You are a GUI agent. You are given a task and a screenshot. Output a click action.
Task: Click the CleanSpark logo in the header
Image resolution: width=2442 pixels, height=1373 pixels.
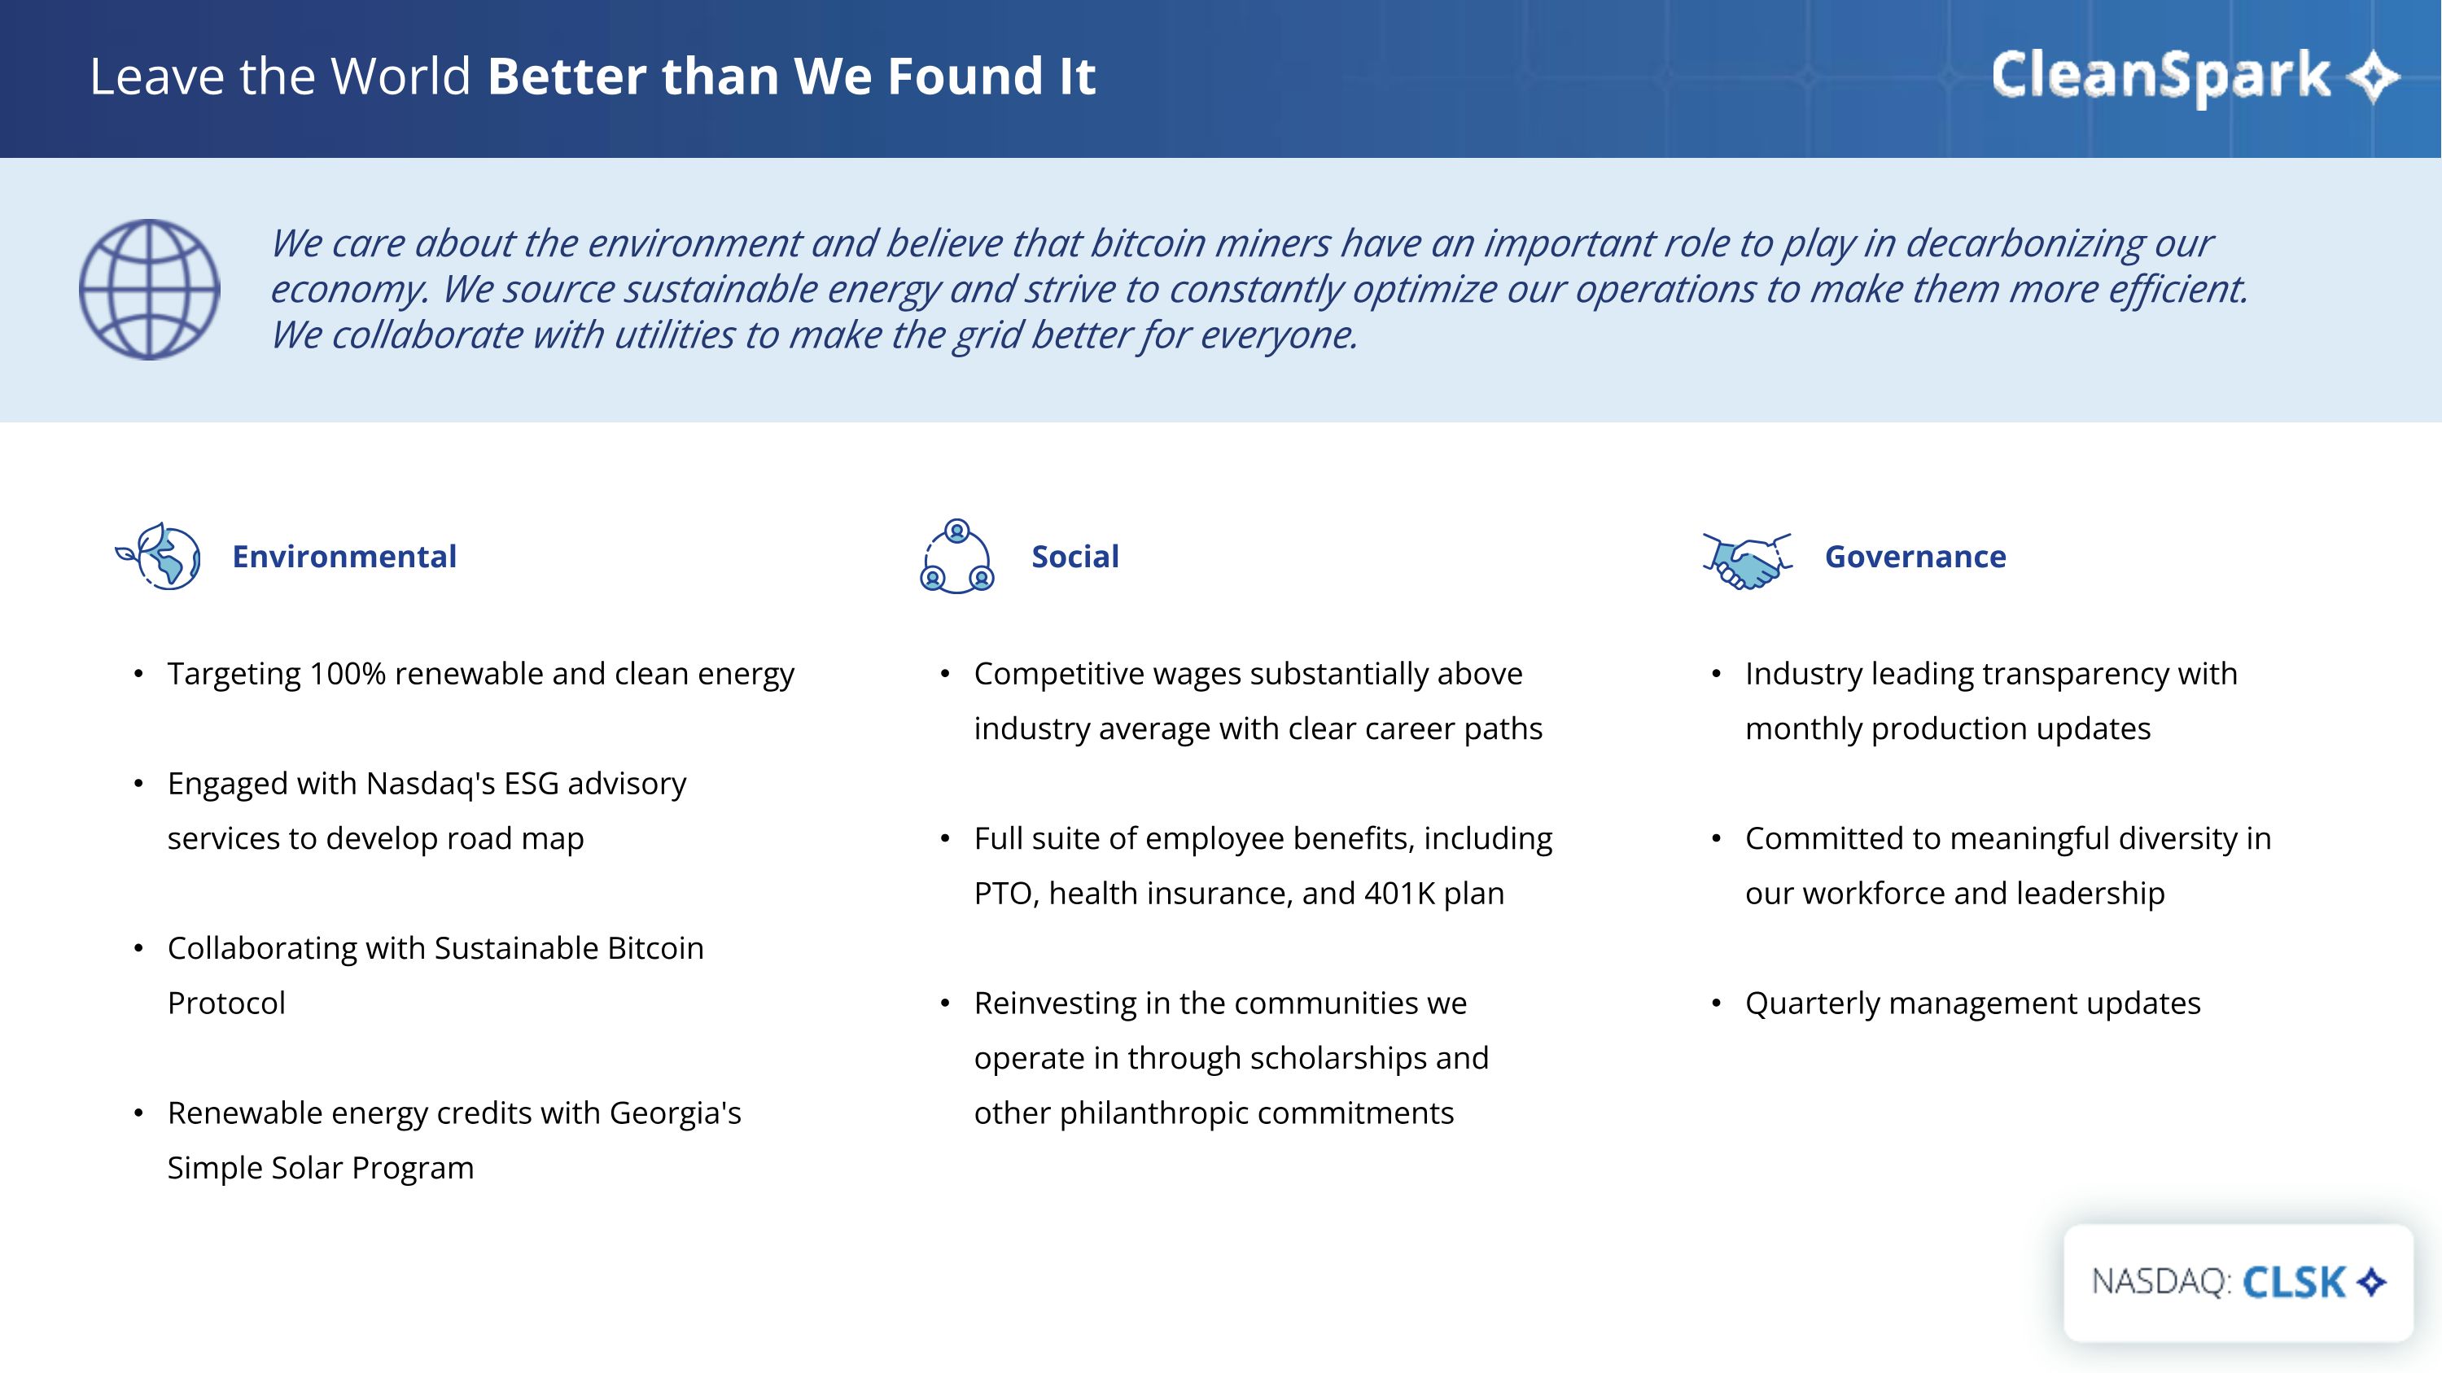[x=2195, y=76]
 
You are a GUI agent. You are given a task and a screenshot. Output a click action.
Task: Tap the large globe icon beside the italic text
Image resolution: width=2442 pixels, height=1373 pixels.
[x=150, y=290]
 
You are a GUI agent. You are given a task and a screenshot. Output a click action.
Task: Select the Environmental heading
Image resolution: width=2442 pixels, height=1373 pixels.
[x=344, y=556]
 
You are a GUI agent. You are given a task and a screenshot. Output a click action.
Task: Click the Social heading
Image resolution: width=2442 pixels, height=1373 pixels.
[x=1075, y=556]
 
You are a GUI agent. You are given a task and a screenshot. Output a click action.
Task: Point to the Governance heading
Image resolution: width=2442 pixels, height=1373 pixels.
[x=1915, y=556]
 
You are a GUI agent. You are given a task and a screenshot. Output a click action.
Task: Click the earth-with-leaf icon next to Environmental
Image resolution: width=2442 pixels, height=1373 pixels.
[x=158, y=556]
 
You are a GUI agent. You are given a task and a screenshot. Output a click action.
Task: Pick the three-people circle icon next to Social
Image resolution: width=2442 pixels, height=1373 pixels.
[x=957, y=556]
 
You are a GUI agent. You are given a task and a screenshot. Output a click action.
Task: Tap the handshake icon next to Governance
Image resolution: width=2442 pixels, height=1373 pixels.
[x=1747, y=561]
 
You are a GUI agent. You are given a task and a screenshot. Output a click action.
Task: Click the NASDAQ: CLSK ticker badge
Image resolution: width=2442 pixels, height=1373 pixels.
[x=2238, y=1282]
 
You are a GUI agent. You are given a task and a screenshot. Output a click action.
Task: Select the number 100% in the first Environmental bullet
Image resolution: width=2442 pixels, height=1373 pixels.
[x=348, y=674]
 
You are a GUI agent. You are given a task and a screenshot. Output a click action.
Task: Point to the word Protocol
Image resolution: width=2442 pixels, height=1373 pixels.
[x=226, y=1004]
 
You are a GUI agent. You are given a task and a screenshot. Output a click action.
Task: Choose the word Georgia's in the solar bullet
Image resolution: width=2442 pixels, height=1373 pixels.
[x=675, y=1113]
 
